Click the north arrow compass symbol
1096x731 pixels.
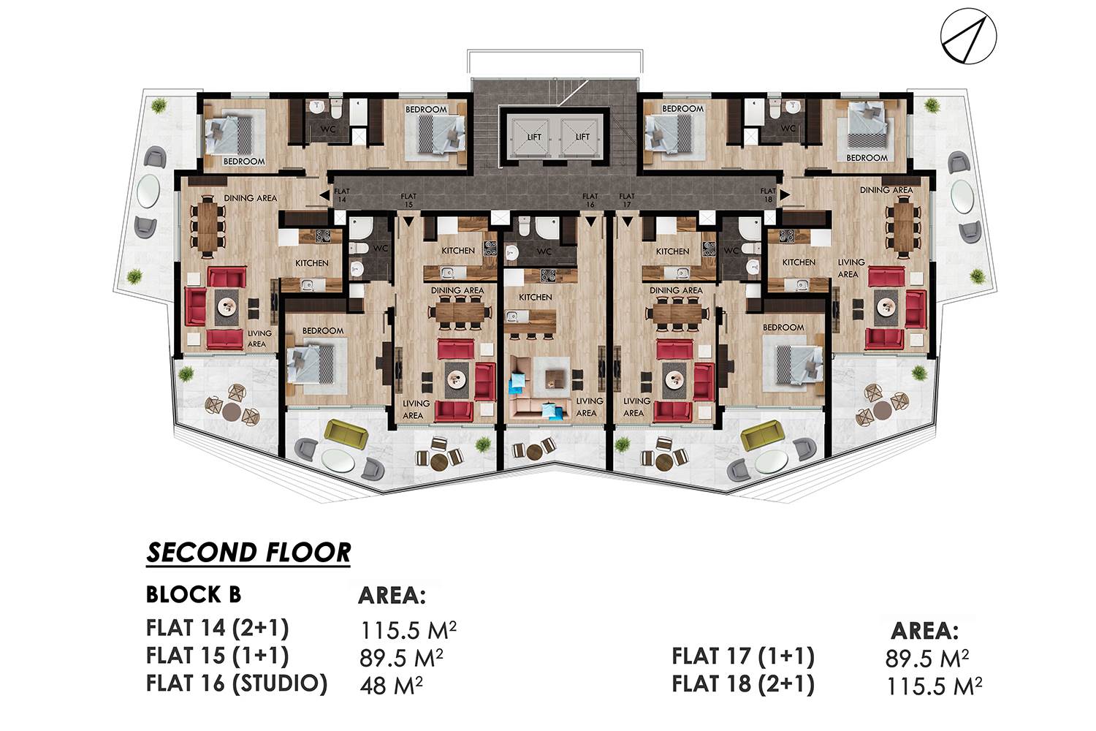(968, 37)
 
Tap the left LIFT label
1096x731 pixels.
(534, 137)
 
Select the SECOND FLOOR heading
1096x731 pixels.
(248, 553)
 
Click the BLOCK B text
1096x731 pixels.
(194, 594)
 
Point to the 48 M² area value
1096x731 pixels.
(391, 686)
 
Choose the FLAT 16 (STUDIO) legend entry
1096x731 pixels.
(237, 683)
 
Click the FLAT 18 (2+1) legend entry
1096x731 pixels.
(743, 684)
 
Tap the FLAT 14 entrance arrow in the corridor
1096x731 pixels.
(324, 195)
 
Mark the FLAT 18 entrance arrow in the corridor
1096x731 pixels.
(785, 195)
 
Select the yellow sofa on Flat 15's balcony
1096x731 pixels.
(346, 433)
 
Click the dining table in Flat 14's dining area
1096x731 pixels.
(208, 226)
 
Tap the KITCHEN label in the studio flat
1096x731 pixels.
(536, 298)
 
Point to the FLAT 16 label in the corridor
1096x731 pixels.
(590, 200)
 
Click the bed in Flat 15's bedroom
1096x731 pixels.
(311, 363)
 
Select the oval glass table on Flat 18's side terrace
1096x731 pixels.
(962, 196)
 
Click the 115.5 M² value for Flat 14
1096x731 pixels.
(408, 630)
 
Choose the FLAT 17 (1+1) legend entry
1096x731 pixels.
(743, 656)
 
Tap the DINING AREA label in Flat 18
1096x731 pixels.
(886, 190)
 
